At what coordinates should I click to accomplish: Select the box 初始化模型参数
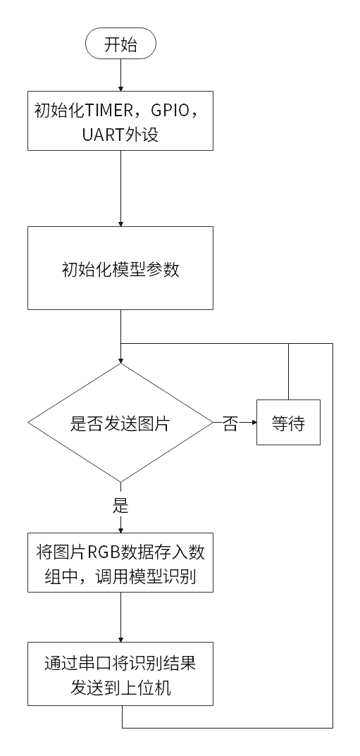120,268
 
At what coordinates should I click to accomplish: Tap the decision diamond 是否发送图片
120,423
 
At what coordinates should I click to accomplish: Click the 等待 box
288,422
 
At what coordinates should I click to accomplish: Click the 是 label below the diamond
120,506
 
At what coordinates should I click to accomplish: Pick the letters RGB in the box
103,551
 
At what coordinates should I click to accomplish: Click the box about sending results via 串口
120,674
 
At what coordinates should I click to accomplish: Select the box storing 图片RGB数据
120,563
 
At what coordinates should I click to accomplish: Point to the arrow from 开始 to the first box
120,75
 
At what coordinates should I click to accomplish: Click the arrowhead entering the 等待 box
253,423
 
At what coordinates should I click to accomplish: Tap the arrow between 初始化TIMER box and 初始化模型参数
120,189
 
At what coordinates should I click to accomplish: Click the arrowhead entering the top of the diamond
120,359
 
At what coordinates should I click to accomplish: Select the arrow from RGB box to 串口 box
120,617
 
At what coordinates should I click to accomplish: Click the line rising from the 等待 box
288,371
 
